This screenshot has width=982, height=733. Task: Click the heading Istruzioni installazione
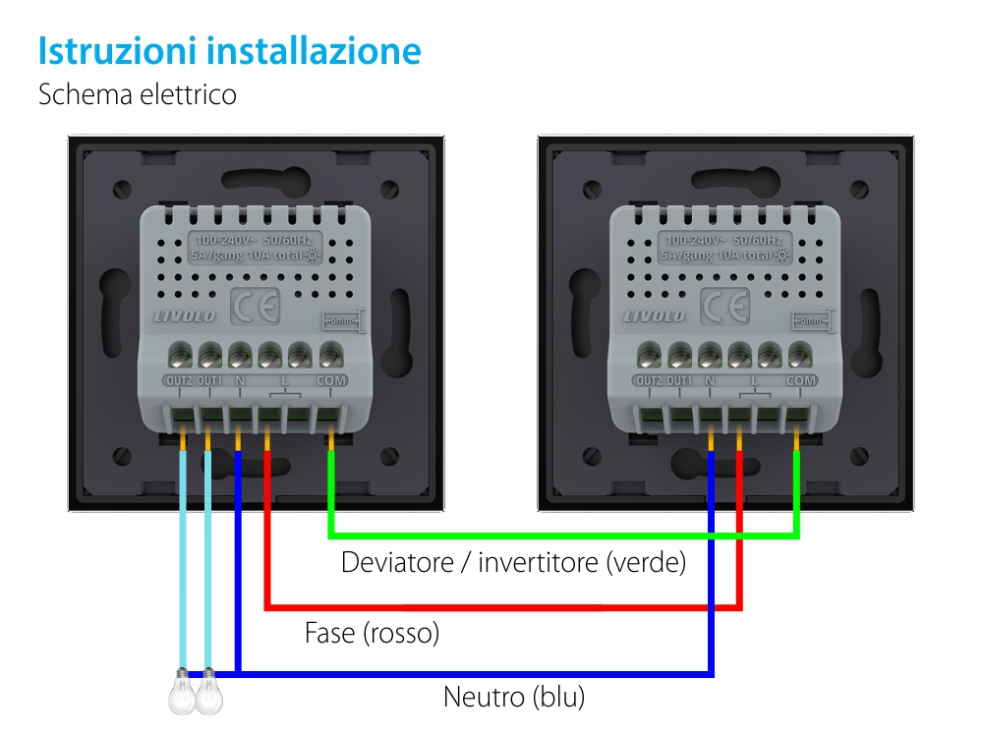229,51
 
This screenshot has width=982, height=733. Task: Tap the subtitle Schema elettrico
137,95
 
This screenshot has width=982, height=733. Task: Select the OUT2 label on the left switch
177,380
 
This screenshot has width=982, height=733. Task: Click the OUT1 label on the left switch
208,380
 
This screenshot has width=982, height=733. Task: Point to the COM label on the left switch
330,380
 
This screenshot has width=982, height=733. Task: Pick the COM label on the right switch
801,380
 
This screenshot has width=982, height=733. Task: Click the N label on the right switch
710,380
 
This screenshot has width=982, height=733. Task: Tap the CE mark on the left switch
255,308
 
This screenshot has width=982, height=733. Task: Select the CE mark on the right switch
725,308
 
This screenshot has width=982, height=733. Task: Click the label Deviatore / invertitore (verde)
513,563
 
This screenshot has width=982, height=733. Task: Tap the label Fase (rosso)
372,633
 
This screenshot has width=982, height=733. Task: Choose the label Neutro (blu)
514,698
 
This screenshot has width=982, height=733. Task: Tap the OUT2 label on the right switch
648,380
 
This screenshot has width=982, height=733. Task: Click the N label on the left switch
239,380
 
